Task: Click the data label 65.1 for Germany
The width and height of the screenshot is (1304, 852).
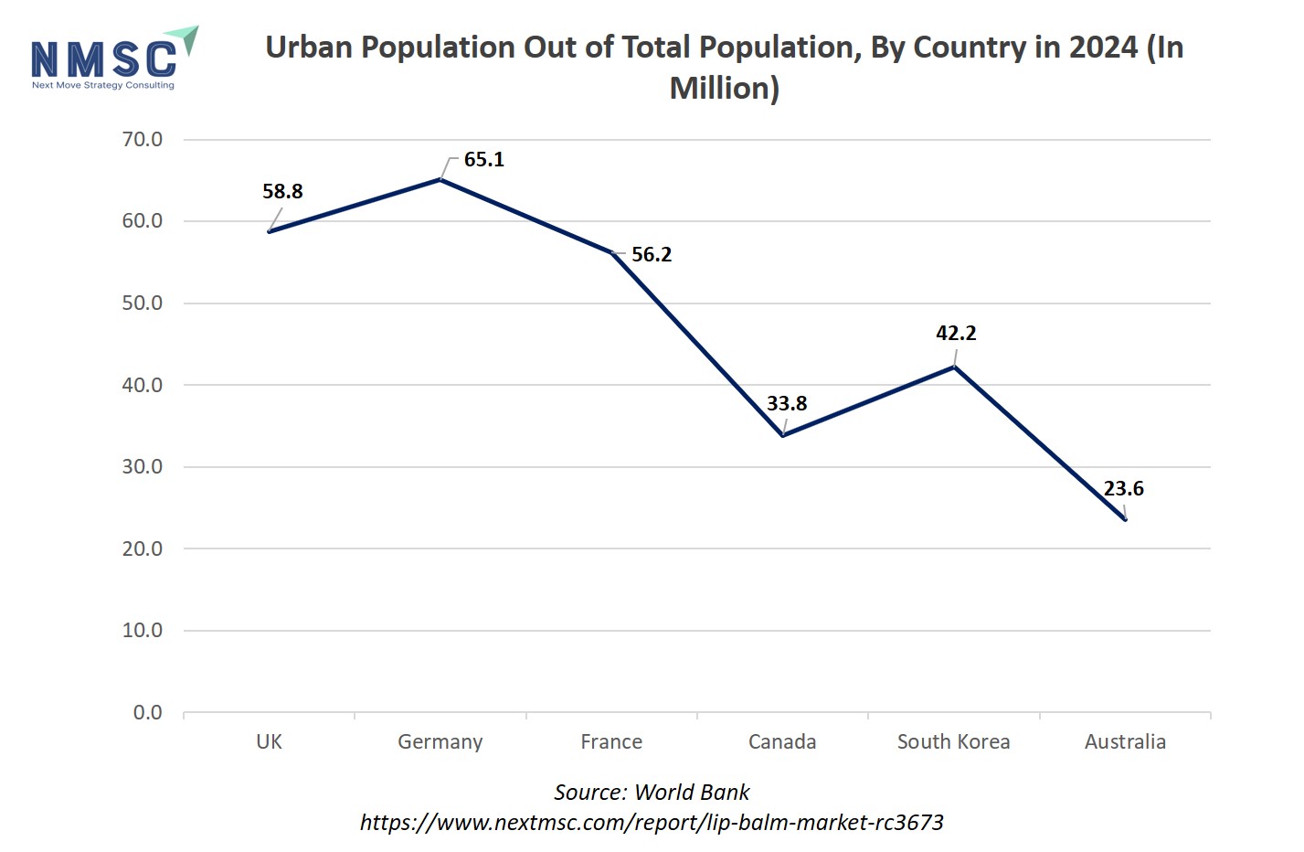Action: click(x=483, y=160)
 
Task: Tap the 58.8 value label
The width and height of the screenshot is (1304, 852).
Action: click(x=282, y=192)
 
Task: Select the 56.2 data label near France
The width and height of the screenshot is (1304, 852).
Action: click(x=652, y=255)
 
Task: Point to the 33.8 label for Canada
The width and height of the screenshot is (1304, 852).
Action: click(x=787, y=404)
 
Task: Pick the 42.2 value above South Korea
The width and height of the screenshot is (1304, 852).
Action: click(x=956, y=334)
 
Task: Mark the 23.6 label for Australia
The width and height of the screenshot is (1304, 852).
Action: click(x=1123, y=489)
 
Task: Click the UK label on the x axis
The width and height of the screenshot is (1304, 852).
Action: click(x=269, y=742)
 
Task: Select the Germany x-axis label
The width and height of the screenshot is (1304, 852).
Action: click(x=440, y=742)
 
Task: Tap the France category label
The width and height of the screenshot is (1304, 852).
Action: click(x=611, y=742)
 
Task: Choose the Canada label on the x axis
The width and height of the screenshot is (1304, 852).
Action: click(x=782, y=742)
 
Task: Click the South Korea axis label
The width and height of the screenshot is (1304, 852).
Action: click(x=953, y=742)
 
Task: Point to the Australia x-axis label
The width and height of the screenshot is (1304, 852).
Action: click(x=1125, y=742)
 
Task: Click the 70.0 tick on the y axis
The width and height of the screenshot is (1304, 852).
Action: click(x=142, y=140)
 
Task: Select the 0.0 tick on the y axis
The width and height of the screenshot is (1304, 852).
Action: click(x=147, y=713)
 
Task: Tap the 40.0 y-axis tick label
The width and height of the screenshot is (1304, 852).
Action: click(x=142, y=386)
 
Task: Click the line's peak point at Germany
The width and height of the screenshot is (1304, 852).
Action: click(x=440, y=180)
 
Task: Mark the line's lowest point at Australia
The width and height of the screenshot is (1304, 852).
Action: click(x=1125, y=519)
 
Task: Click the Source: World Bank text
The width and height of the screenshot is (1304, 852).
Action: click(x=652, y=793)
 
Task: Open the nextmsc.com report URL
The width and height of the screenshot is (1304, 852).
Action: click(x=652, y=823)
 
